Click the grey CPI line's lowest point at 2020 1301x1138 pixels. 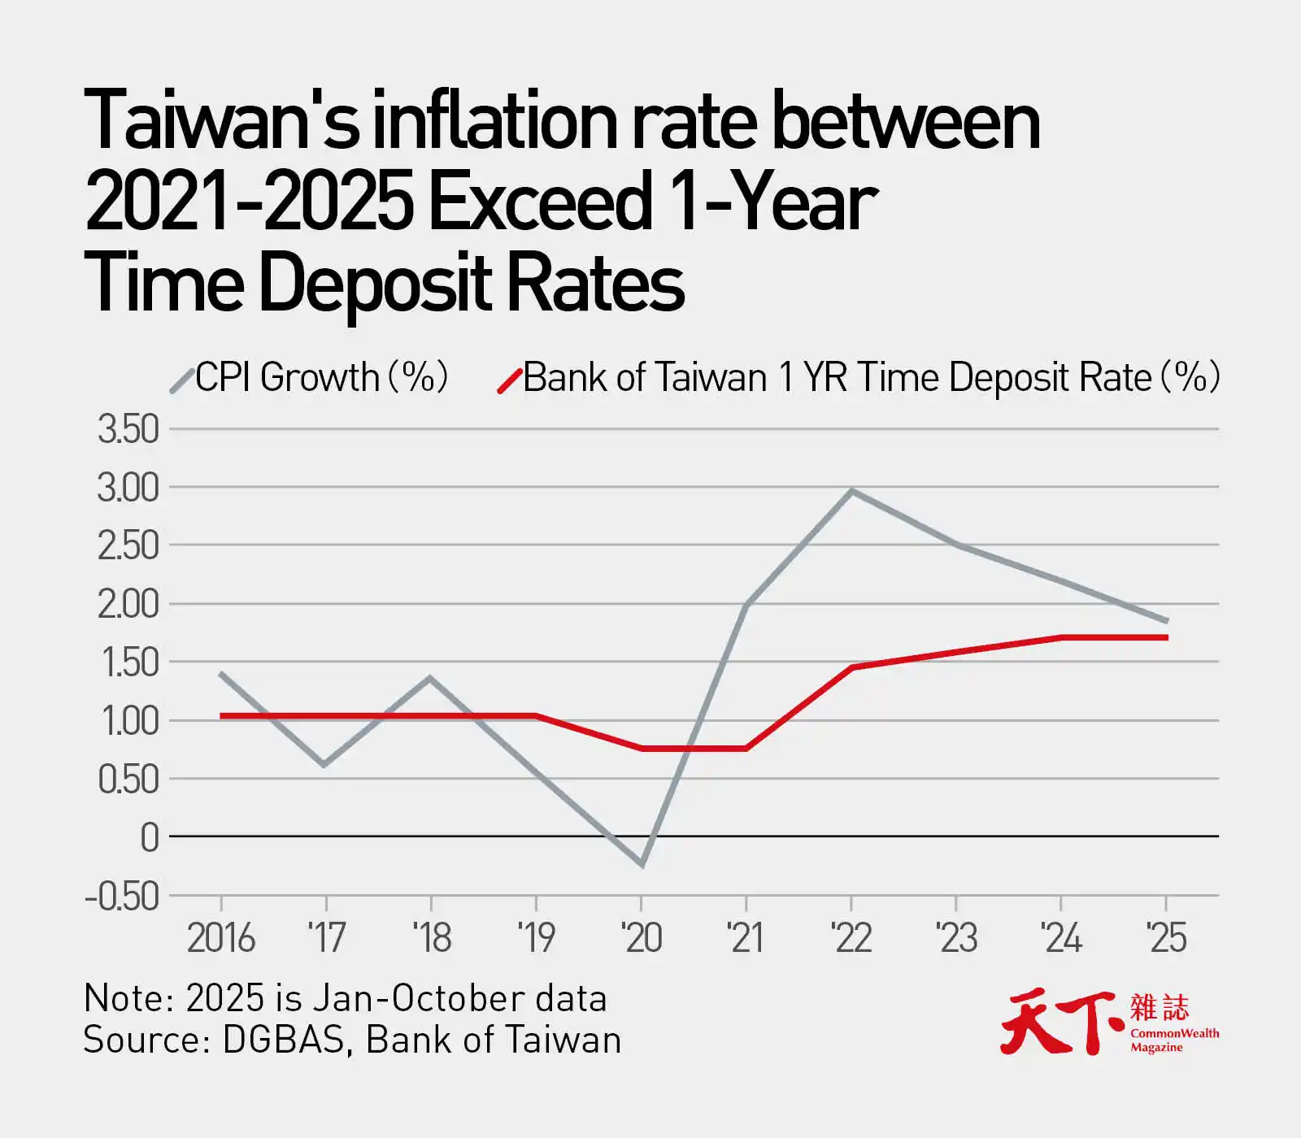[x=642, y=864]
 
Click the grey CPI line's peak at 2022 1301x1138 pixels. [x=851, y=491]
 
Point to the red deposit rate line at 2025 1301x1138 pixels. [x=1165, y=637]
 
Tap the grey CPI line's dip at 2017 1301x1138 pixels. [x=325, y=764]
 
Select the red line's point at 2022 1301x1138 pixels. [x=851, y=667]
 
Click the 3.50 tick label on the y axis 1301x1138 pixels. [x=128, y=429]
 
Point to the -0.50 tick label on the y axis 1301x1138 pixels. [x=122, y=897]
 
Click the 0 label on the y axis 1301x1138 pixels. [x=150, y=837]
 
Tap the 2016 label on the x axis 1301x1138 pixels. [x=220, y=938]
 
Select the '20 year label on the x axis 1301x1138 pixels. [x=642, y=938]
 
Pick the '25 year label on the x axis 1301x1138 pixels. [x=1166, y=938]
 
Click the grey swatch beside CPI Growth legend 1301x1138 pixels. [x=182, y=379]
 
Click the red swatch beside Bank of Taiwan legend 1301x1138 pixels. [x=510, y=380]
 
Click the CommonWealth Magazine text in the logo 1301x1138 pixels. [x=1174, y=1040]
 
